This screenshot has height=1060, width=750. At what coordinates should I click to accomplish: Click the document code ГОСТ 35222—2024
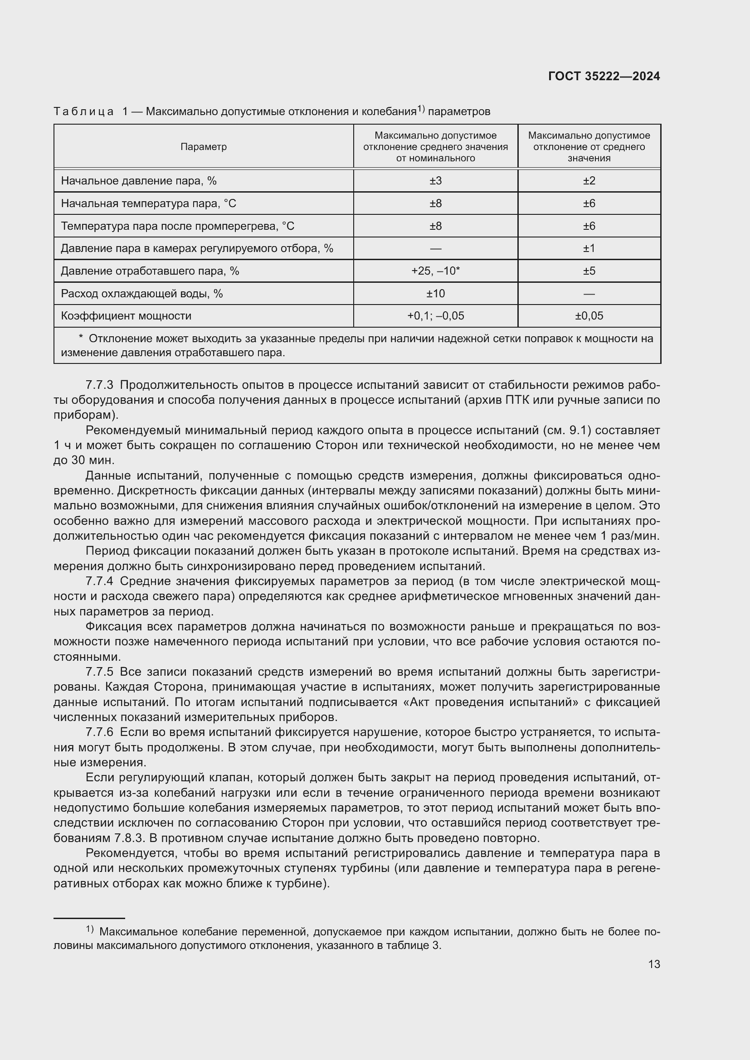tap(604, 76)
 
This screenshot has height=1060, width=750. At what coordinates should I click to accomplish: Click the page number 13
tap(654, 964)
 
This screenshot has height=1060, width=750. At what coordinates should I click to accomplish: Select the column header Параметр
tap(203, 147)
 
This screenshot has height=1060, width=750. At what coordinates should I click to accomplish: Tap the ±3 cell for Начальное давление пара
tap(435, 180)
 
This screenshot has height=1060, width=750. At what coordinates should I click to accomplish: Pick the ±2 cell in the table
tap(589, 180)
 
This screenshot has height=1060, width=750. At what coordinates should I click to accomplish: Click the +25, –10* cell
tap(435, 271)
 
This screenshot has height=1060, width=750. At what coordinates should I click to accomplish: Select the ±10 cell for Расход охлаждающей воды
tap(435, 293)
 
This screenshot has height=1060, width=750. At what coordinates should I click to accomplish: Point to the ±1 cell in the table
tap(589, 248)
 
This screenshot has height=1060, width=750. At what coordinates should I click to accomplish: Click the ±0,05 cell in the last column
tap(589, 316)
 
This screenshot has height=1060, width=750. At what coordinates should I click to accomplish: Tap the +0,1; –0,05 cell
tap(435, 316)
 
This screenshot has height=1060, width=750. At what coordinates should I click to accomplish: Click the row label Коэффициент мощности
tap(126, 316)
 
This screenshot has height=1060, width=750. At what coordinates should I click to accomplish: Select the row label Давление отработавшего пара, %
tap(150, 271)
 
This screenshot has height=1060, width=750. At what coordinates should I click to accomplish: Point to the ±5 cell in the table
tap(589, 271)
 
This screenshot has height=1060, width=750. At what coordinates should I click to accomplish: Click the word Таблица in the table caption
tap(83, 112)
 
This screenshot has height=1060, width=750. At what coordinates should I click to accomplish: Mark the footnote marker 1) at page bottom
tap(90, 929)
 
